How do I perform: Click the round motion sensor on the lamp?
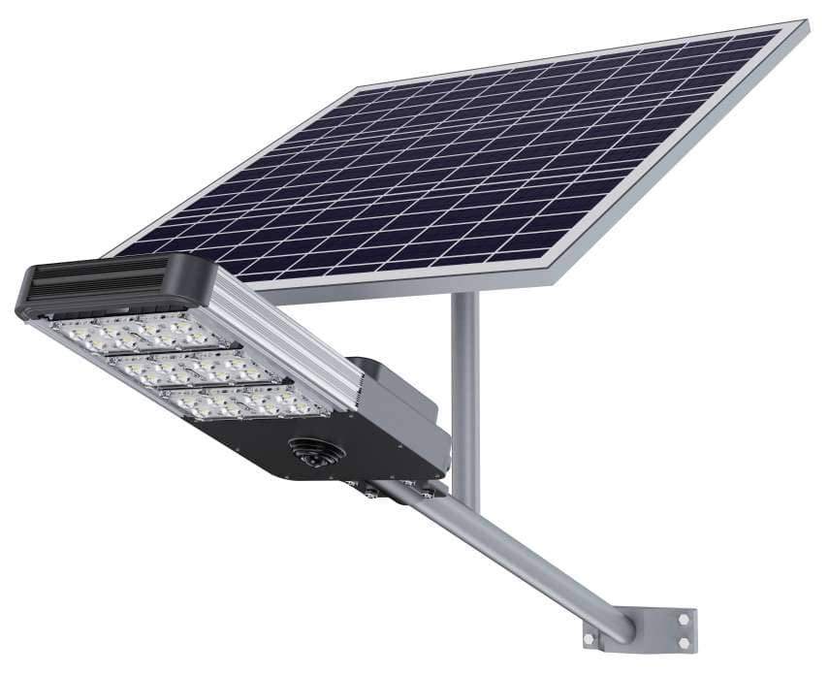[x=309, y=453]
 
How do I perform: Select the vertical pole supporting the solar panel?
[x=465, y=388]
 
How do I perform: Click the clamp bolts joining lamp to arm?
[x=373, y=493]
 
